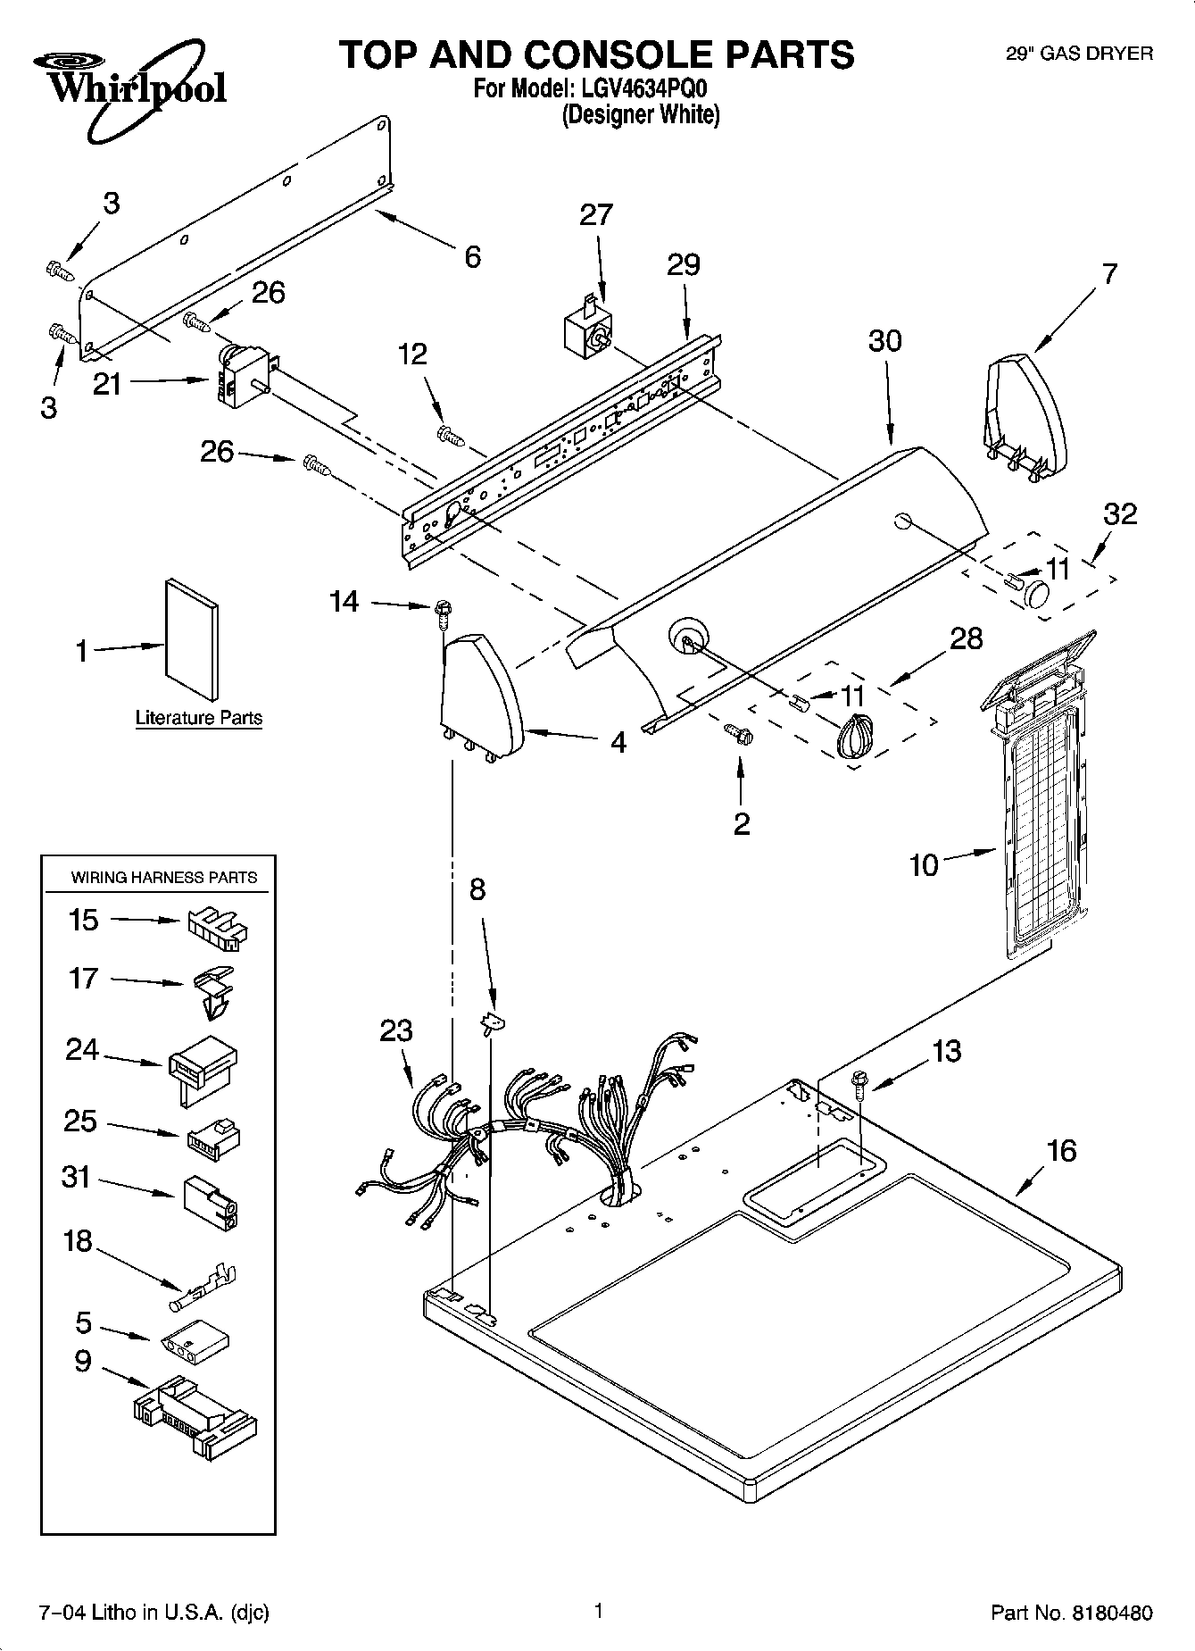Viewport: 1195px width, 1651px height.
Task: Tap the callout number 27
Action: [x=596, y=215]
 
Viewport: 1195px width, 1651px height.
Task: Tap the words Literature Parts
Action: [x=198, y=718]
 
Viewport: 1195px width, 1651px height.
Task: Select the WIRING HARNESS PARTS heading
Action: [x=163, y=878]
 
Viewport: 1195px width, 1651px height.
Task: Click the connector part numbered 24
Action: [x=202, y=1066]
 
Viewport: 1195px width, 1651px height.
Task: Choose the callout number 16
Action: [x=1061, y=1150]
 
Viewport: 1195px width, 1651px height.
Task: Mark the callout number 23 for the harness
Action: [x=396, y=1030]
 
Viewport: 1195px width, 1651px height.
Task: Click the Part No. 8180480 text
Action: [x=1071, y=1613]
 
